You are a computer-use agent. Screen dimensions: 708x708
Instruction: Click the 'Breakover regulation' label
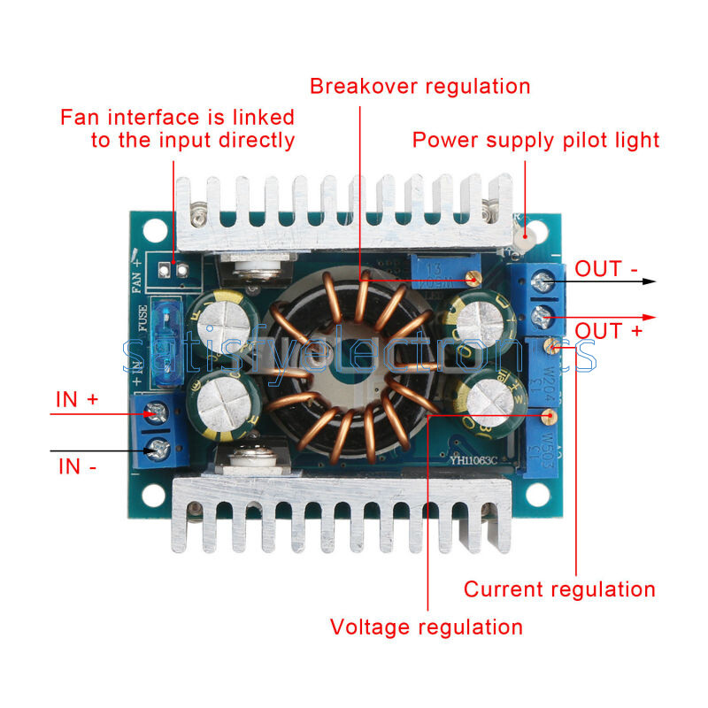[419, 86]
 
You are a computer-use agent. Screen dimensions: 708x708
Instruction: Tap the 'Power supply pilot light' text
[536, 140]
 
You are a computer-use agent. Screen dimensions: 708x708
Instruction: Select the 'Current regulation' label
[559, 589]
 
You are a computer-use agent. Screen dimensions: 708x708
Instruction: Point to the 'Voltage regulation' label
[427, 627]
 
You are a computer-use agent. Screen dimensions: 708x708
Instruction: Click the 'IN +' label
[77, 399]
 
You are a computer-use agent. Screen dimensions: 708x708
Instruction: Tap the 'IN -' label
[77, 466]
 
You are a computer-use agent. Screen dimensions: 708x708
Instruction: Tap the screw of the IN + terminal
[158, 411]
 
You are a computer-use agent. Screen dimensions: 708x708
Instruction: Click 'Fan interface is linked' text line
[177, 117]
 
